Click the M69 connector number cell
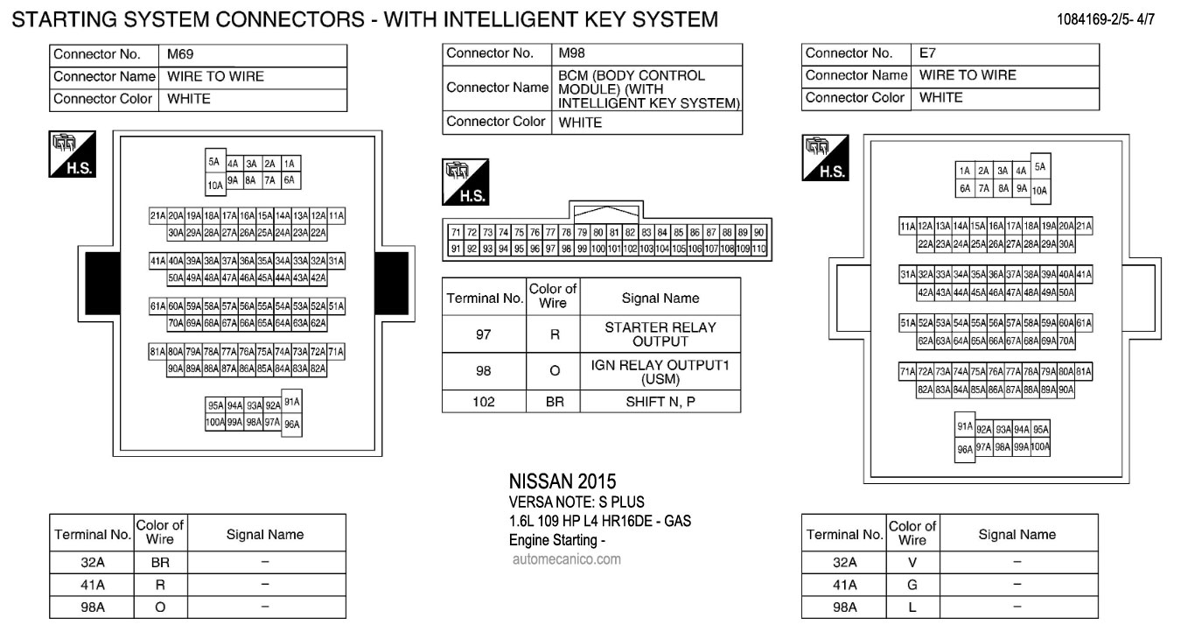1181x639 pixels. click(180, 54)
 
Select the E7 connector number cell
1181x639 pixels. click(927, 53)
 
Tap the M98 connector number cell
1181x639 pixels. click(571, 53)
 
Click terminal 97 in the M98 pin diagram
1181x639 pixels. click(550, 249)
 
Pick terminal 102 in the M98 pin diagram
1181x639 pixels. click(630, 249)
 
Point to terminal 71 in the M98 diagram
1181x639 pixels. click(456, 232)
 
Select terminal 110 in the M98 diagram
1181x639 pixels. click(758, 249)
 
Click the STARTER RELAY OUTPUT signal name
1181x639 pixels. click(660, 334)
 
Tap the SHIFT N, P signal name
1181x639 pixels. click(660, 402)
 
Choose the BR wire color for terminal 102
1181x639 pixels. click(555, 402)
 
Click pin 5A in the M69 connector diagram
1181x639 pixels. click(214, 162)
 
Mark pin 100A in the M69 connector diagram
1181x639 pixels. click(215, 422)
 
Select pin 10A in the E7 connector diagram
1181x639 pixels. click(1039, 191)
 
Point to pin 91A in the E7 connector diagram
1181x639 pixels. click(965, 425)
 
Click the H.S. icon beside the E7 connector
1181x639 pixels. click(826, 158)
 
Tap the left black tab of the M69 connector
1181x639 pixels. click(103, 284)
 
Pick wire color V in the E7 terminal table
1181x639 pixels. click(912, 563)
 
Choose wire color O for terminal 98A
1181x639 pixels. click(160, 607)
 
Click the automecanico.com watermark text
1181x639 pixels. click(567, 559)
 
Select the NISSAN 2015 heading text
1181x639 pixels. click(562, 481)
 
